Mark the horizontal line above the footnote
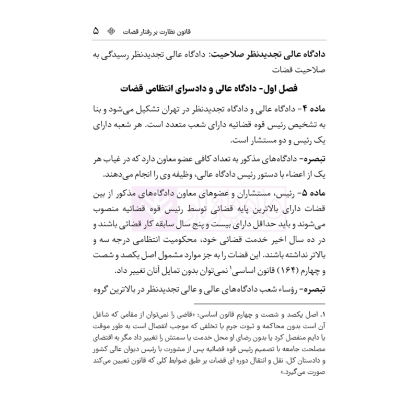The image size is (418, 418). tap(209, 305)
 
